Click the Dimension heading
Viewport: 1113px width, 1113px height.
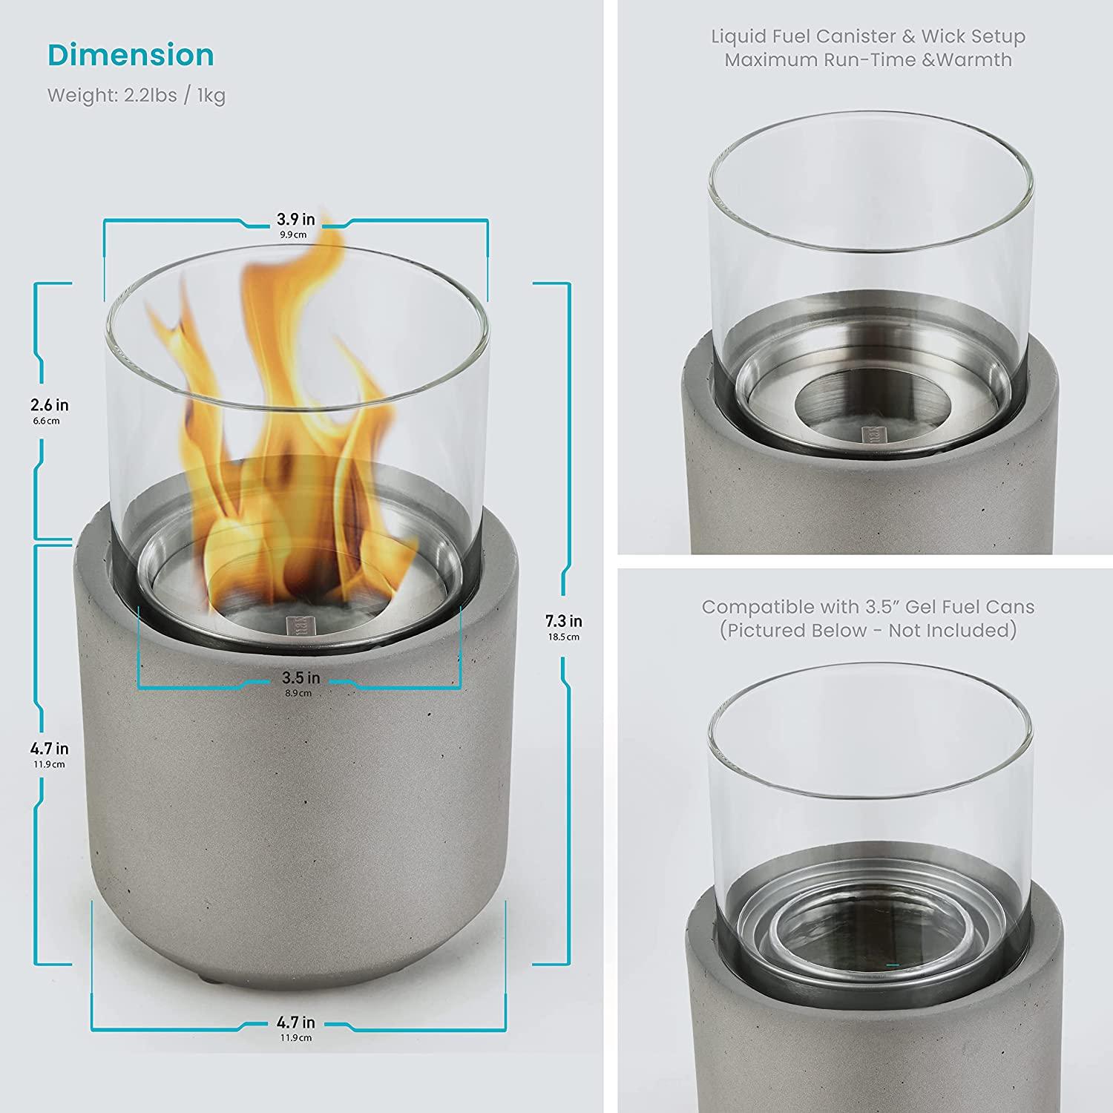[131, 56]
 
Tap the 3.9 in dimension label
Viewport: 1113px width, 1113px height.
[296, 219]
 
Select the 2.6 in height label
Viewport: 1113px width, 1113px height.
[50, 405]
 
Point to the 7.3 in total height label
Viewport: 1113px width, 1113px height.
[564, 621]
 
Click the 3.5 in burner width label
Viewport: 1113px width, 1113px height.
[301, 678]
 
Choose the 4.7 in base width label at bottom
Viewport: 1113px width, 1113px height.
[296, 1023]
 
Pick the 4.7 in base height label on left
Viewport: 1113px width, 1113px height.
[50, 749]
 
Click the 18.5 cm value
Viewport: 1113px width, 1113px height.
[563, 637]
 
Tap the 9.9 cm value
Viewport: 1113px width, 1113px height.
[293, 234]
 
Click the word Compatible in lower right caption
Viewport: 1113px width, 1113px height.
[758, 607]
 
